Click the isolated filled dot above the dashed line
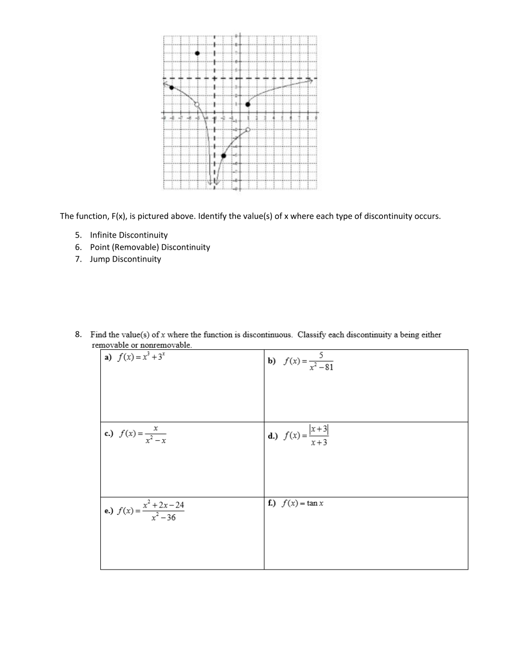pyautogui.click(x=197, y=53)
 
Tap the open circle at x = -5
pyautogui.click(x=197, y=104)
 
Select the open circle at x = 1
pyautogui.click(x=248, y=129)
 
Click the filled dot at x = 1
pyautogui.click(x=248, y=104)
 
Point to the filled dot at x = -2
pyautogui.click(x=223, y=156)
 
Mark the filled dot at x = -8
pyautogui.click(x=171, y=87)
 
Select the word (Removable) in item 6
pyautogui.click(x=135, y=247)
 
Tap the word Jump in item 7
pyautogui.click(x=99, y=259)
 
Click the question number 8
pyautogui.click(x=78, y=334)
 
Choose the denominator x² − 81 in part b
pyautogui.click(x=321, y=367)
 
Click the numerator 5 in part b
pyautogui.click(x=321, y=355)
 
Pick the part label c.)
pyautogui.click(x=109, y=433)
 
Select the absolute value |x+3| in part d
pyautogui.click(x=318, y=429)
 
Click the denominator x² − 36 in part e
pyautogui.click(x=164, y=518)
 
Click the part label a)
pyautogui.click(x=108, y=358)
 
